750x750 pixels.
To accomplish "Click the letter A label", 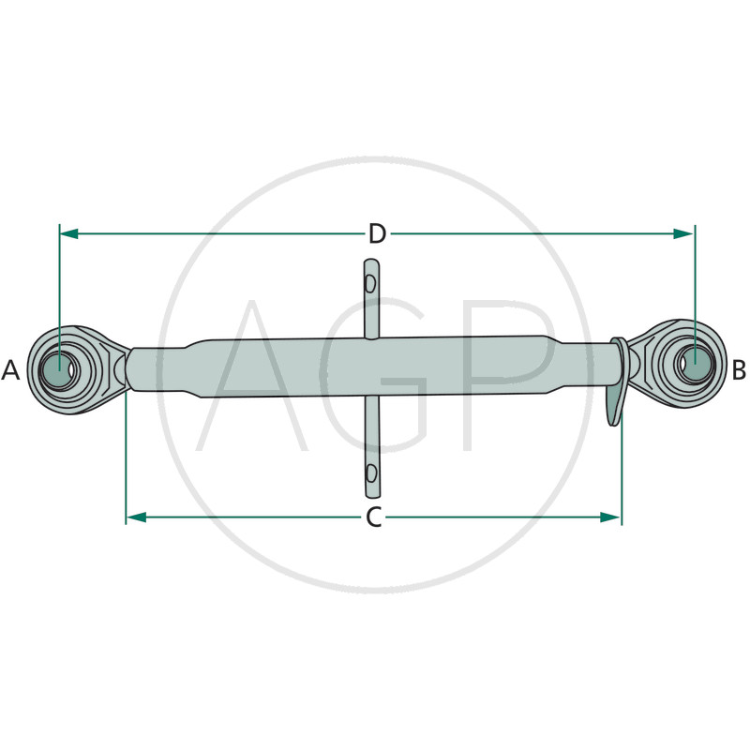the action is pos(10,370).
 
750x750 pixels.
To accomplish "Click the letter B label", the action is pos(739,370).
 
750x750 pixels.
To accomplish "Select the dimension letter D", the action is pos(377,234).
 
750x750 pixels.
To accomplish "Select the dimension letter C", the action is pos(374,517).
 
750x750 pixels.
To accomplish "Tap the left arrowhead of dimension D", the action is pos(69,233).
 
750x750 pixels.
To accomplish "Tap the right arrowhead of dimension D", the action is pos(682,233).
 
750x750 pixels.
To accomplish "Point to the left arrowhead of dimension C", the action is pos(136,517).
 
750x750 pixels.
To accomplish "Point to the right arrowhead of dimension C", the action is pos(609,517).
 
